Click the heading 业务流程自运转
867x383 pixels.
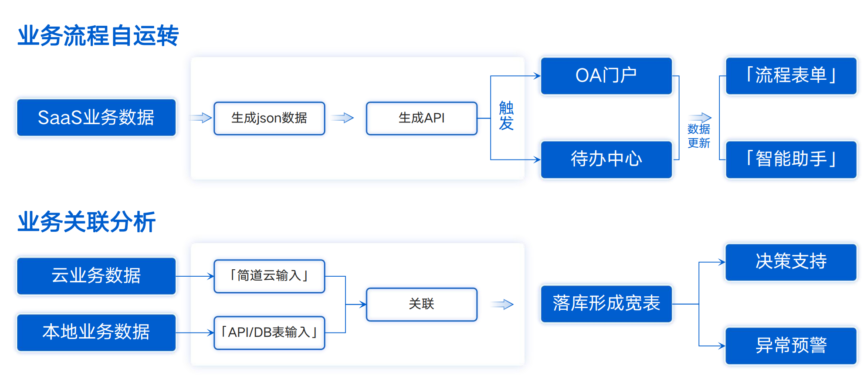click(98, 36)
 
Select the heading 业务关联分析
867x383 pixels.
click(86, 222)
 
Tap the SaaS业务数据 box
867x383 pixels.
click(96, 118)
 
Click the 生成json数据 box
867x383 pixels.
click(269, 118)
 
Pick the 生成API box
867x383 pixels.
click(421, 118)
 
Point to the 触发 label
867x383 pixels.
click(506, 115)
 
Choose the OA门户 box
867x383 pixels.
click(606, 76)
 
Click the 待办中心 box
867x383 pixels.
click(606, 159)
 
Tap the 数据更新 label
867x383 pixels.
click(698, 136)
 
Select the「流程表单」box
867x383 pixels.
click(791, 76)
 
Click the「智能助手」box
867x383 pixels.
click(791, 159)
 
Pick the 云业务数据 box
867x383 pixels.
click(96, 276)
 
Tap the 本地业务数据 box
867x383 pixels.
click(96, 332)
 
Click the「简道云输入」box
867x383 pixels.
click(269, 276)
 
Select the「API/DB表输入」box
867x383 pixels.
click(269, 332)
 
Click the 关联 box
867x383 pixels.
click(421, 304)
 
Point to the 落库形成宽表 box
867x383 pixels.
click(606, 304)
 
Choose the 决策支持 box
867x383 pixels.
click(791, 262)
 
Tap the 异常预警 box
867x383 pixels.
click(791, 346)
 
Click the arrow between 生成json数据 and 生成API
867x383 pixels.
click(343, 118)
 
